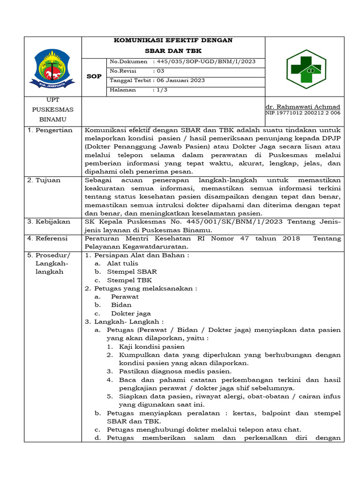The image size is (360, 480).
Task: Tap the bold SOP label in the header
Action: click(x=94, y=76)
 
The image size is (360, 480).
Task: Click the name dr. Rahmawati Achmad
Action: click(x=303, y=106)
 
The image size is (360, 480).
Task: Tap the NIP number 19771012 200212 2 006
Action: click(x=303, y=113)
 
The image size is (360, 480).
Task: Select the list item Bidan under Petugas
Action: click(x=121, y=305)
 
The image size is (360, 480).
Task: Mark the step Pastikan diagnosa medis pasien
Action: click(x=175, y=371)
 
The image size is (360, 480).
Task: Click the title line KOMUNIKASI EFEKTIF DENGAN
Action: click(x=173, y=40)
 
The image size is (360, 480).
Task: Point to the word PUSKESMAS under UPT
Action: click(x=52, y=110)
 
